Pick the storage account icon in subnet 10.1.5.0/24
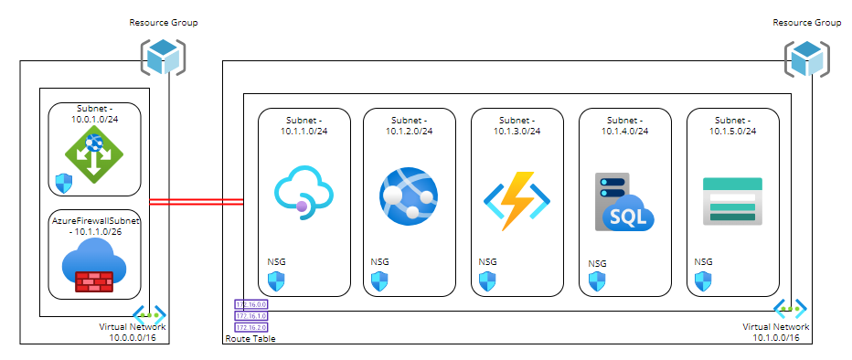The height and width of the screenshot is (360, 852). pos(731,201)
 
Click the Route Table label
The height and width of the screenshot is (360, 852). pos(250,339)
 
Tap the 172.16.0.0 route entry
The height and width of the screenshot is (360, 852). pos(250,304)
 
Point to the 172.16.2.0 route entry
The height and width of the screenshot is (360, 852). pos(250,326)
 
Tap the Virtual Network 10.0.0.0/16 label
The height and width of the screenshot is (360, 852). pos(133,332)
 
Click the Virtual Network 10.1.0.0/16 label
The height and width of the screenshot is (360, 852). pos(775,332)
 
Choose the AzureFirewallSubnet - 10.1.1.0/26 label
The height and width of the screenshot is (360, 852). pos(94,228)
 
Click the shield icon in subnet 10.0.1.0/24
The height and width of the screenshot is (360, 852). pos(64,182)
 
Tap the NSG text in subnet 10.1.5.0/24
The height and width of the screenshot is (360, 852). pos(703,261)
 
